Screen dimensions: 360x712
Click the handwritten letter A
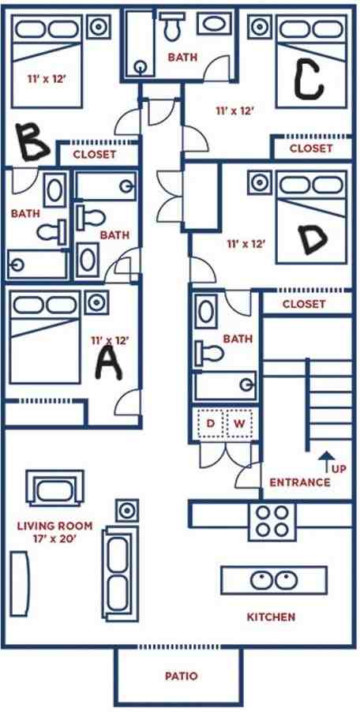[x=109, y=363]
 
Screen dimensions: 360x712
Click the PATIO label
[x=181, y=676]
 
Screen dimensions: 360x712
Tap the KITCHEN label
[x=271, y=617]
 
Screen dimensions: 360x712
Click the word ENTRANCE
[x=300, y=482]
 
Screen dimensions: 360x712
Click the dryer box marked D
[x=210, y=424]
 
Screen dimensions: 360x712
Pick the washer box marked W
[x=238, y=424]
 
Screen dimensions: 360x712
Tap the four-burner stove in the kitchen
[x=272, y=521]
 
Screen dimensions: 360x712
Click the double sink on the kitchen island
[x=274, y=580]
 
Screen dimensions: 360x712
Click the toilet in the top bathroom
[x=171, y=26]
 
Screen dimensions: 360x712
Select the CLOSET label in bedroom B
[x=95, y=155]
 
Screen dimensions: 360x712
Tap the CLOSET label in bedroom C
[x=311, y=148]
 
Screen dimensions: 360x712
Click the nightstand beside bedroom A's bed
[x=96, y=302]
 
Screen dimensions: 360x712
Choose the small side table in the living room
[x=127, y=510]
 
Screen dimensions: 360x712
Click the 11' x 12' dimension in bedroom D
[x=246, y=244]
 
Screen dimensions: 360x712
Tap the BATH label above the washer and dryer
[x=238, y=339]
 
